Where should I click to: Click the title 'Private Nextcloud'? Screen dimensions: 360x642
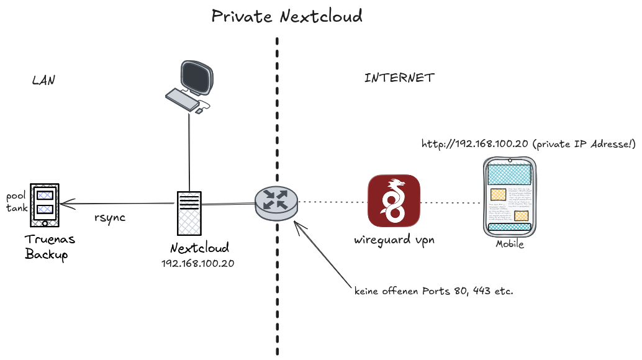click(287, 16)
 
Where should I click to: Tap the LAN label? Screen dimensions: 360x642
click(43, 81)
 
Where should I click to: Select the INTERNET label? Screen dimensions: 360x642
click(399, 78)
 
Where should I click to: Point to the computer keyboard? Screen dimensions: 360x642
click(181, 99)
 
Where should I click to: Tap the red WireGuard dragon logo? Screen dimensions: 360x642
click(394, 200)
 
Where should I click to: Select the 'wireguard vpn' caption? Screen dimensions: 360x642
click(394, 240)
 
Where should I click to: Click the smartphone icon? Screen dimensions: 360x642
click(509, 197)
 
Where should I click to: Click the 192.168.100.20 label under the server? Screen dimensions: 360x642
click(197, 263)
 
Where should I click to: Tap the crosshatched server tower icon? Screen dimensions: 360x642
click(189, 212)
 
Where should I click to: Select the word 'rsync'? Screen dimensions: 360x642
click(110, 217)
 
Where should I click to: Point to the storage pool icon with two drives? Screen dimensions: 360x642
click(44, 204)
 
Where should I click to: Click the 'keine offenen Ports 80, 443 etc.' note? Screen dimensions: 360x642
click(433, 290)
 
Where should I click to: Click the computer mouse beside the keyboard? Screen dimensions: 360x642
click(199, 111)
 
